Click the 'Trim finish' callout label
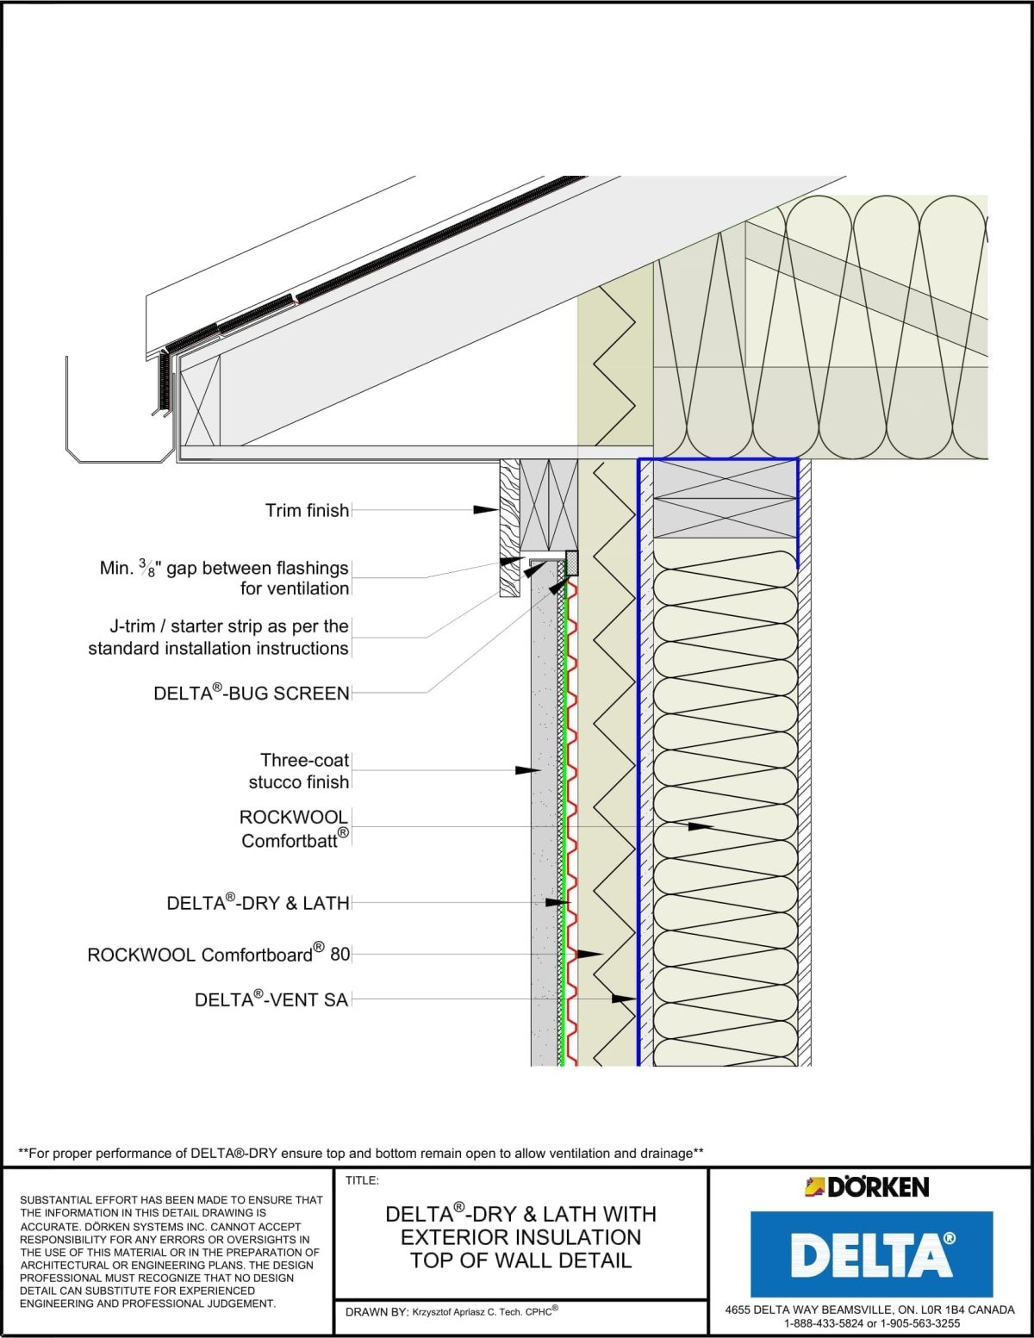tap(307, 511)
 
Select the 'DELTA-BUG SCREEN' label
tap(252, 693)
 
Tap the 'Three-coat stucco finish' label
tap(299, 771)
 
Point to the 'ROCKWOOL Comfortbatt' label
tap(294, 829)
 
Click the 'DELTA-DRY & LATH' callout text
tap(258, 903)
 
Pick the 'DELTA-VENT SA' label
tap(271, 999)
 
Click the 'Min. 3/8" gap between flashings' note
tap(224, 569)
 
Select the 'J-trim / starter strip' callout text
tap(219, 638)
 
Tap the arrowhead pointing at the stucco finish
tap(528, 769)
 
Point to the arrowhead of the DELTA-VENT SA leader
tap(625, 999)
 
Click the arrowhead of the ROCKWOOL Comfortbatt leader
tap(701, 826)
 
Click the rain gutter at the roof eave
tap(116, 448)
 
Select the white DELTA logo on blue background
tap(871, 1254)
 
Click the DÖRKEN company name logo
tap(867, 1187)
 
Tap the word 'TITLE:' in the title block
tap(362, 1180)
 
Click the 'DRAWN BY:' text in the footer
tap(377, 1312)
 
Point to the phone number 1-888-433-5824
tap(823, 1323)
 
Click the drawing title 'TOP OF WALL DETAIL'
tap(520, 1260)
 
